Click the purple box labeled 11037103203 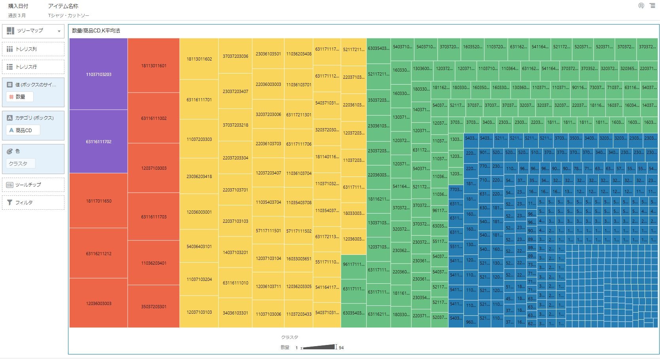[x=98, y=74]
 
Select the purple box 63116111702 [x=98, y=142]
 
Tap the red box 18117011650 [x=98, y=201]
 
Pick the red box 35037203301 [x=154, y=307]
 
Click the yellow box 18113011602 [x=199, y=59]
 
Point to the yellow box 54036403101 [x=199, y=246]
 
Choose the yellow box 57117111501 [x=268, y=231]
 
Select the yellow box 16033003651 [x=299, y=259]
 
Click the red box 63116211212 [x=98, y=254]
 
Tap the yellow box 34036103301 [x=235, y=313]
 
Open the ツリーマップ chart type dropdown [x=33, y=31]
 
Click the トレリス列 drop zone [x=33, y=49]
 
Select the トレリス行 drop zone [x=33, y=67]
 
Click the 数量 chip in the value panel [x=20, y=97]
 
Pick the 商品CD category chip [x=23, y=130]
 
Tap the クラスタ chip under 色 [x=21, y=163]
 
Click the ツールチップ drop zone [x=33, y=185]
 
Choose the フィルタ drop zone [x=33, y=203]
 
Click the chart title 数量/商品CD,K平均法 [x=96, y=31]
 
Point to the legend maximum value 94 [x=341, y=348]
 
